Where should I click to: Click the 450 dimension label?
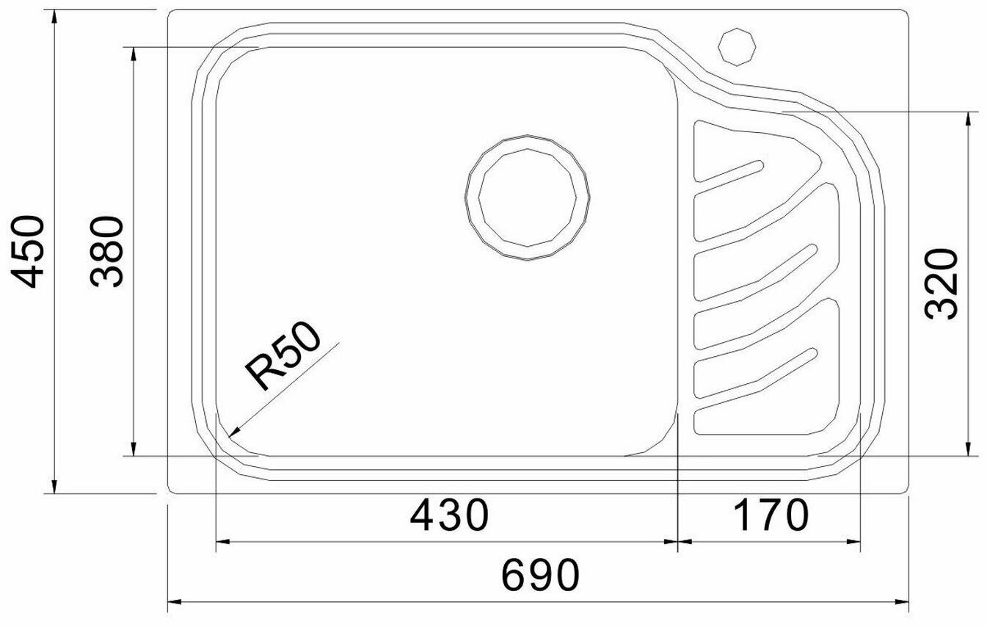pos(27,252)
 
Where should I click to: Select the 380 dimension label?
pos(106,252)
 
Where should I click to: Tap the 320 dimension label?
pos(942,284)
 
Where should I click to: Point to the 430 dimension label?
pos(449,515)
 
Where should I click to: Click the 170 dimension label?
pos(771,515)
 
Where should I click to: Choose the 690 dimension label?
pos(541,575)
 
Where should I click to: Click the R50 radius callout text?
pos(283,355)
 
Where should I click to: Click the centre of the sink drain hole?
pos(528,197)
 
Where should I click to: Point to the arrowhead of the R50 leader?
pos(233,432)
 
